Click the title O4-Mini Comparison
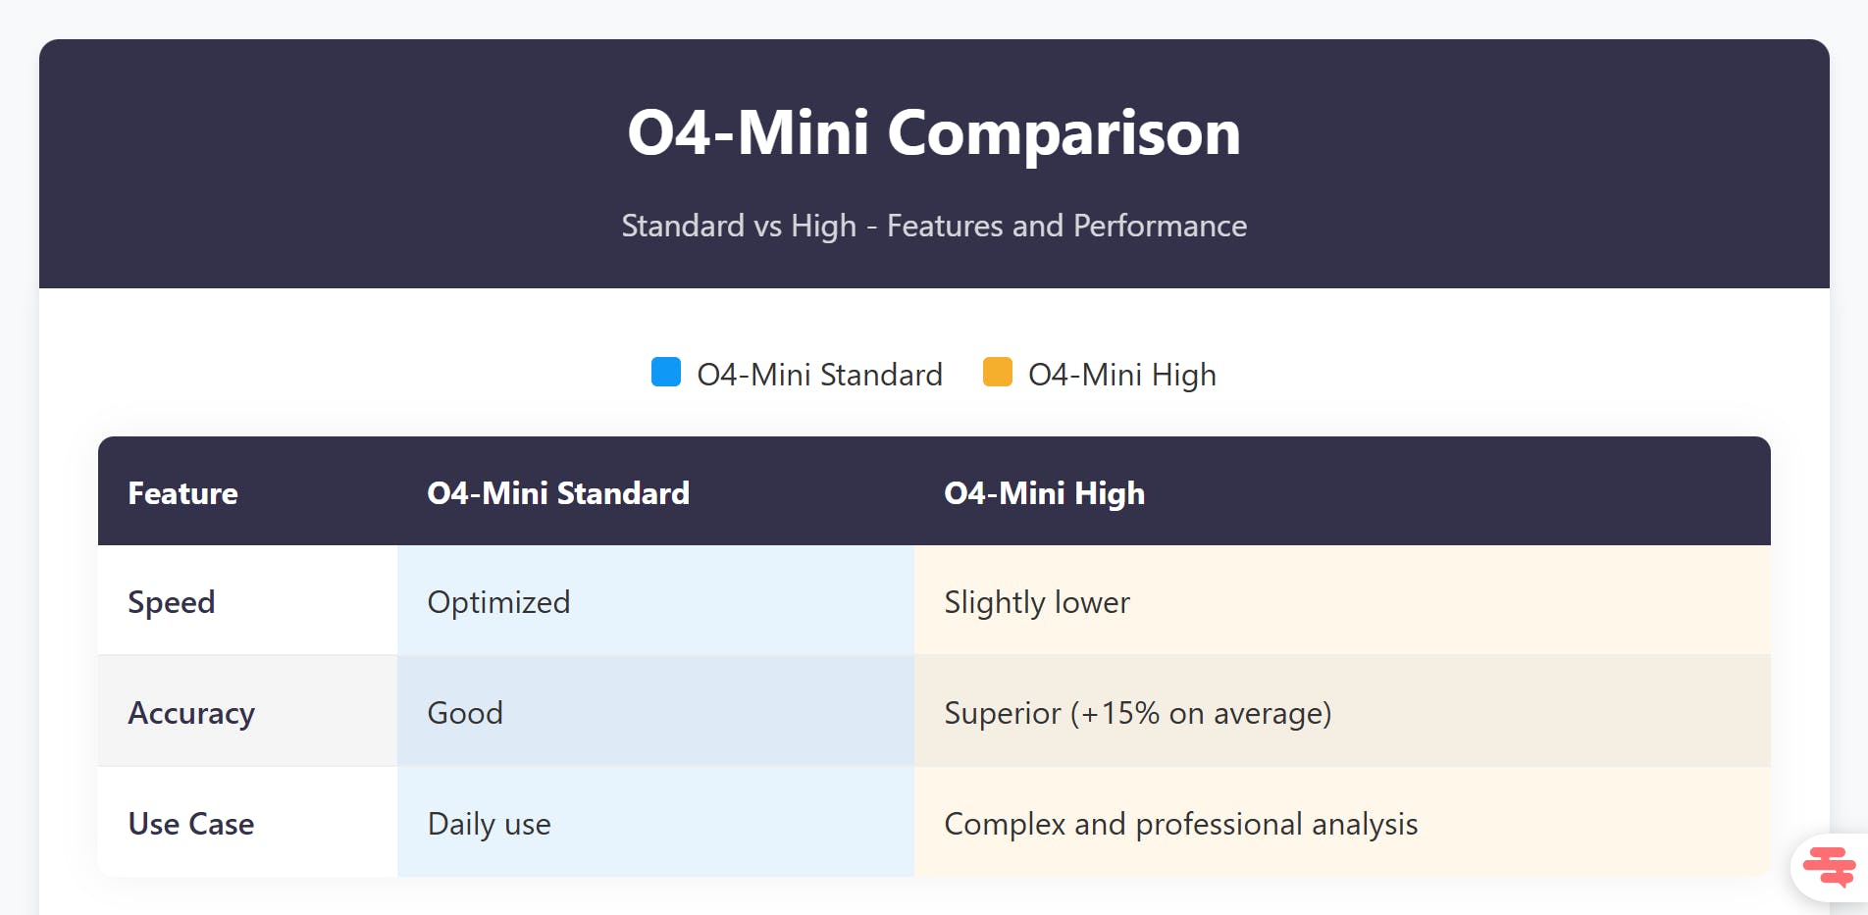click(x=934, y=132)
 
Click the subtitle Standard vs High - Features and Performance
click(x=934, y=226)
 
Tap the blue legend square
click(x=666, y=373)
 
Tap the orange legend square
click(x=997, y=373)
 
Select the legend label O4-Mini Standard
click(x=819, y=375)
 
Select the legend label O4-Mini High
click(x=1121, y=375)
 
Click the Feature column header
click(x=183, y=492)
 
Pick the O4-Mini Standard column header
click(x=558, y=492)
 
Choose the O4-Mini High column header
click(x=1044, y=492)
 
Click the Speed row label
click(x=172, y=602)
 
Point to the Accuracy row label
click(x=191, y=713)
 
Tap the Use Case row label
click(x=191, y=824)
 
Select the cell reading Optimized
click(x=498, y=602)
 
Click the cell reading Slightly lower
click(x=1037, y=602)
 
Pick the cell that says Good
click(x=465, y=713)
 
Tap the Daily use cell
click(x=489, y=824)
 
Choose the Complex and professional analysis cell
click(x=1180, y=824)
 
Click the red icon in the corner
click(x=1829, y=867)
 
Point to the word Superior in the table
click(x=1002, y=713)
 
